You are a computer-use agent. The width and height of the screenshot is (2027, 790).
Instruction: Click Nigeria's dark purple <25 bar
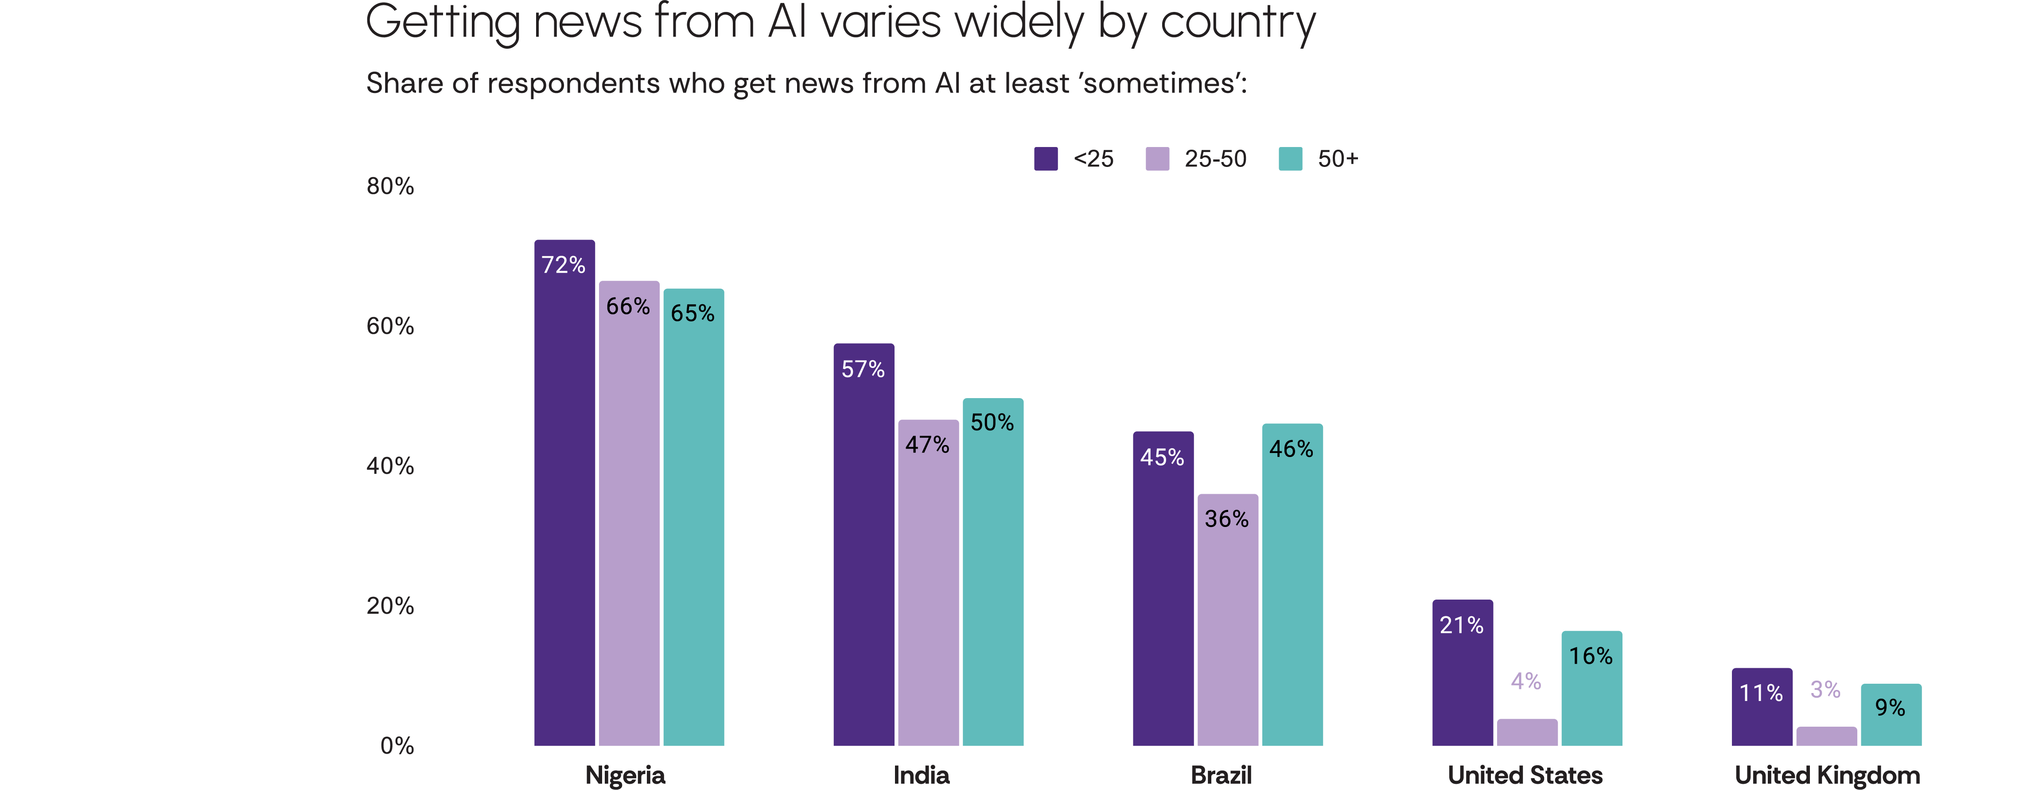tap(564, 503)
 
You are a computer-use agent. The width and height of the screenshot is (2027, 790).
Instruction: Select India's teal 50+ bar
tap(992, 582)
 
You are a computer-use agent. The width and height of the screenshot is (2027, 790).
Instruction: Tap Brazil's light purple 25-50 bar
tap(1228, 630)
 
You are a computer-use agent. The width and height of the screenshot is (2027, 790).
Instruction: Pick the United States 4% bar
tap(1526, 732)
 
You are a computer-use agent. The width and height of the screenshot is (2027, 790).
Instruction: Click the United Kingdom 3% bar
tap(1825, 736)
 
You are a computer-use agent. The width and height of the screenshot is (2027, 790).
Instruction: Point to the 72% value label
tap(564, 265)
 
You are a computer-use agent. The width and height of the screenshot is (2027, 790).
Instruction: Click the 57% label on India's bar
tap(863, 369)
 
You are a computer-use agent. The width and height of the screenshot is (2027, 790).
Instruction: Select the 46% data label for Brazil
tap(1291, 449)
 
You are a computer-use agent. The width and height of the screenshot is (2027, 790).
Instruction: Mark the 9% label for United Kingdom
tap(1890, 707)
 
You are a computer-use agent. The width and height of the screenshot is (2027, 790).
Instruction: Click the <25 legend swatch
tap(1045, 159)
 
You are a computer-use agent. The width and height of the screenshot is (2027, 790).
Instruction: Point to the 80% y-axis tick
tap(390, 186)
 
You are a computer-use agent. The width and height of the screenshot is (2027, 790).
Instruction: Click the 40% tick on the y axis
tap(390, 466)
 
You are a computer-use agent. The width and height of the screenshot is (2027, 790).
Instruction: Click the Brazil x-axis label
tap(1221, 775)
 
